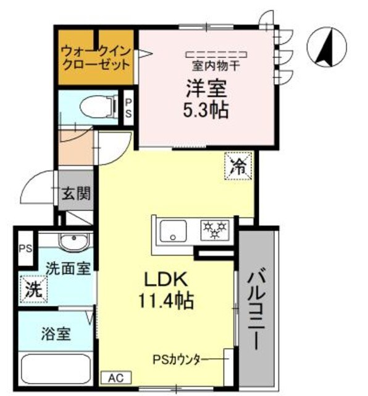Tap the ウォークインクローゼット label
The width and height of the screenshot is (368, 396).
(96, 57)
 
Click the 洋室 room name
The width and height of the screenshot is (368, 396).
(203, 87)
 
